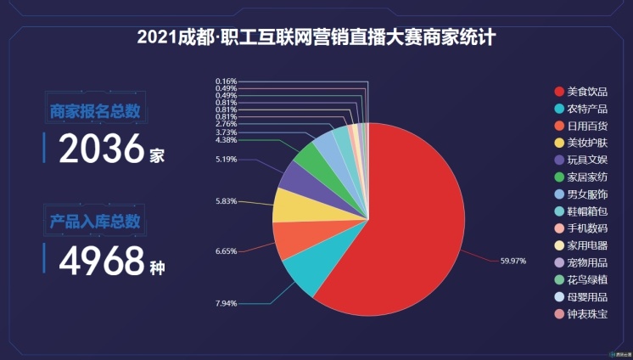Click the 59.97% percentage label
[x=514, y=262]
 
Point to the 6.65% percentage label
[x=227, y=251]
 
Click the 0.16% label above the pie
[x=227, y=82]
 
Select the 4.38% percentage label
[x=227, y=140]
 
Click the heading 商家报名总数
[x=95, y=111]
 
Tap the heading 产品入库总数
[x=95, y=222]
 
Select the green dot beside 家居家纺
[x=558, y=177]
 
